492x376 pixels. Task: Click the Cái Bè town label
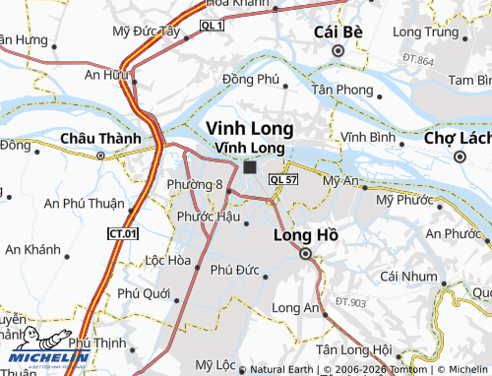coord(338,31)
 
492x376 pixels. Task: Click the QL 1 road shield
coord(212,24)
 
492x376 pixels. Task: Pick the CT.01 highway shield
coord(122,233)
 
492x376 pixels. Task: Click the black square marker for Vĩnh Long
coord(249,167)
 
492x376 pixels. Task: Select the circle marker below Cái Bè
coord(338,51)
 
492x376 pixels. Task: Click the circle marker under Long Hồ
coord(305,254)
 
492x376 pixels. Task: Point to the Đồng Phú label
coord(252,80)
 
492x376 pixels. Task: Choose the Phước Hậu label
coord(209,216)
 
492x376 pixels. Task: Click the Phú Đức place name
coord(234,268)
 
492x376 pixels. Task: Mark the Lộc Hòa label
coord(167,261)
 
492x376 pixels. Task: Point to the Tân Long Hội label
coord(353,349)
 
